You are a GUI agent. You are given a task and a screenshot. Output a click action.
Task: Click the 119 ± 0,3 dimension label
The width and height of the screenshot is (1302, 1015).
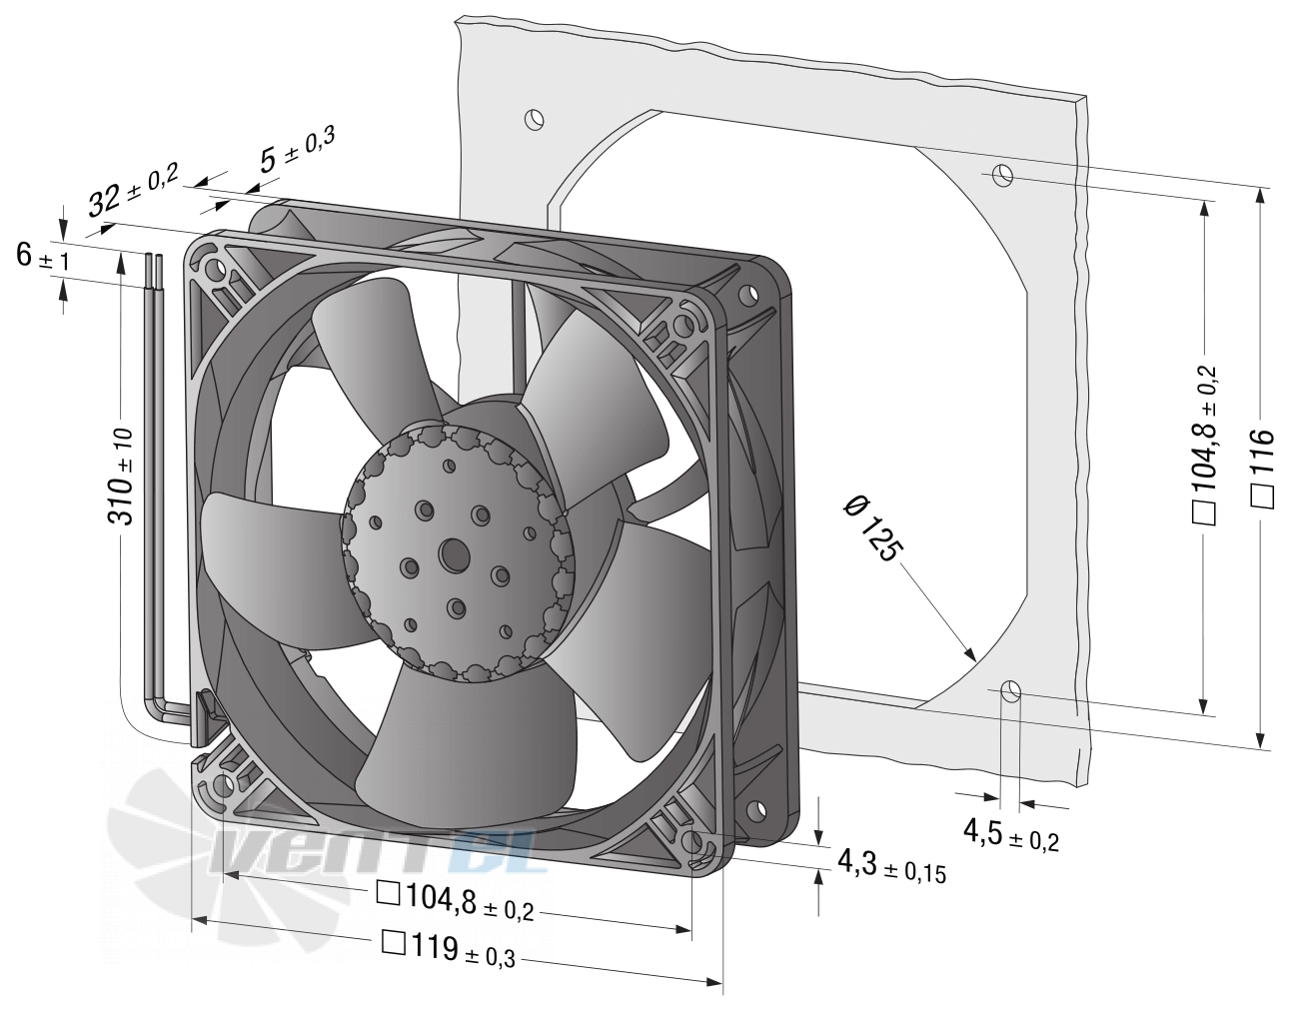pyautogui.click(x=449, y=950)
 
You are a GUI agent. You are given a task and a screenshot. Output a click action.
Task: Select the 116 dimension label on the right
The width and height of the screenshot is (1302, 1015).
pyautogui.click(x=1262, y=469)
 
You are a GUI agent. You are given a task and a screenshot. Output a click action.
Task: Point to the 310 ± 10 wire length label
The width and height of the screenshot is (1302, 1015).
pyautogui.click(x=121, y=477)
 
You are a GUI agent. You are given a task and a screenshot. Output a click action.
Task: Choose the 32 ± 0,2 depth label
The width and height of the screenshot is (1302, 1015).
pyautogui.click(x=133, y=188)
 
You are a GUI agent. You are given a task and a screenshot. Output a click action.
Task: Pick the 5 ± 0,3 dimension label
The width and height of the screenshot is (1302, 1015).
pyautogui.click(x=297, y=147)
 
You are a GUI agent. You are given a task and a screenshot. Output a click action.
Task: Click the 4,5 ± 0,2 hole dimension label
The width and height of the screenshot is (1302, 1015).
pyautogui.click(x=1011, y=834)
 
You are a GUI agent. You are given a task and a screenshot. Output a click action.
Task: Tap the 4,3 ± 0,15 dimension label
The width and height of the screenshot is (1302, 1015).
pyautogui.click(x=891, y=866)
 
